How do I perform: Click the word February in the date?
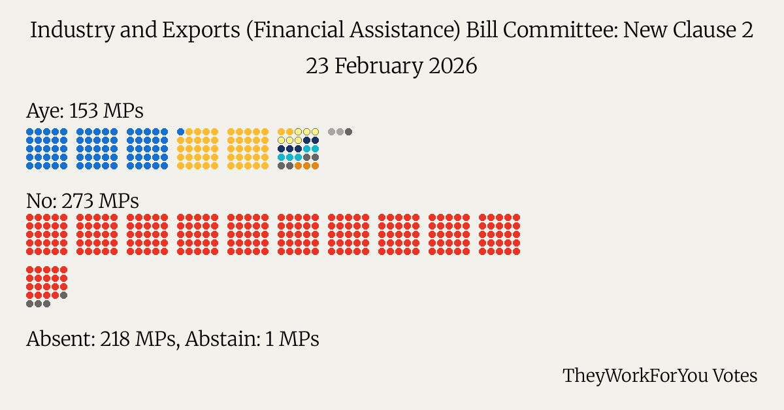click(378, 67)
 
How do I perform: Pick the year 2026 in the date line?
click(453, 67)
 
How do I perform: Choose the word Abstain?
click(222, 339)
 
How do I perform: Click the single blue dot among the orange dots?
click(181, 132)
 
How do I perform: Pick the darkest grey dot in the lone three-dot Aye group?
click(349, 132)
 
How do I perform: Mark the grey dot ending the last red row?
click(63, 295)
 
